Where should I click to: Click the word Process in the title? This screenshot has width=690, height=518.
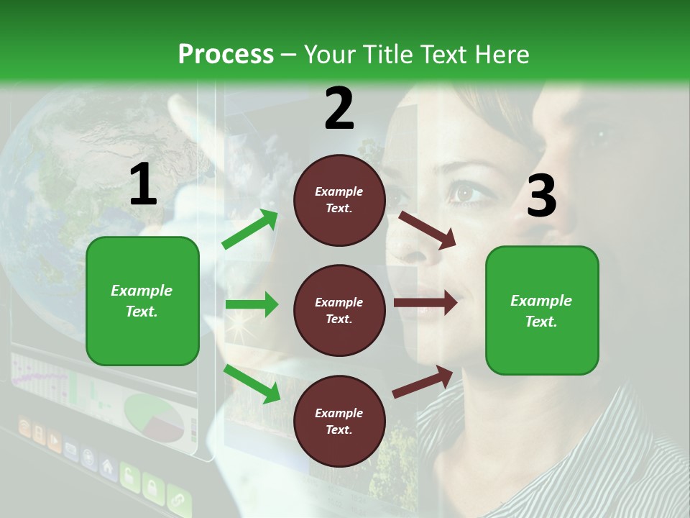pyautogui.click(x=226, y=54)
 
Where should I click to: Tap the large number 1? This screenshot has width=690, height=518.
pyautogui.click(x=143, y=185)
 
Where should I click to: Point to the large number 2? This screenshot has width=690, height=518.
pyautogui.click(x=339, y=109)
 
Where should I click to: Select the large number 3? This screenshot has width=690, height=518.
pyautogui.click(x=541, y=196)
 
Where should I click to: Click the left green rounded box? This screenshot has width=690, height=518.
pyautogui.click(x=142, y=301)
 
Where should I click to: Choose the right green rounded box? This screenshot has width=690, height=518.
pyautogui.click(x=542, y=310)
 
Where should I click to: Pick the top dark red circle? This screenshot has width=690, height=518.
pyautogui.click(x=339, y=200)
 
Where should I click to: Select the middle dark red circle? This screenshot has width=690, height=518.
pyautogui.click(x=339, y=310)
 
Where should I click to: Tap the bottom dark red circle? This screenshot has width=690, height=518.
pyautogui.click(x=339, y=421)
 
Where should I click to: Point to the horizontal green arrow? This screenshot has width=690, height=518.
pyautogui.click(x=252, y=304)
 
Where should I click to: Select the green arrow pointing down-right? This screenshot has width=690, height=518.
pyautogui.click(x=252, y=383)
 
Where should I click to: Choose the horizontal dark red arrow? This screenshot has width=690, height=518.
pyautogui.click(x=425, y=303)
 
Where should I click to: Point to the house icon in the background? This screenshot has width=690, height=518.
pyautogui.click(x=108, y=466)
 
